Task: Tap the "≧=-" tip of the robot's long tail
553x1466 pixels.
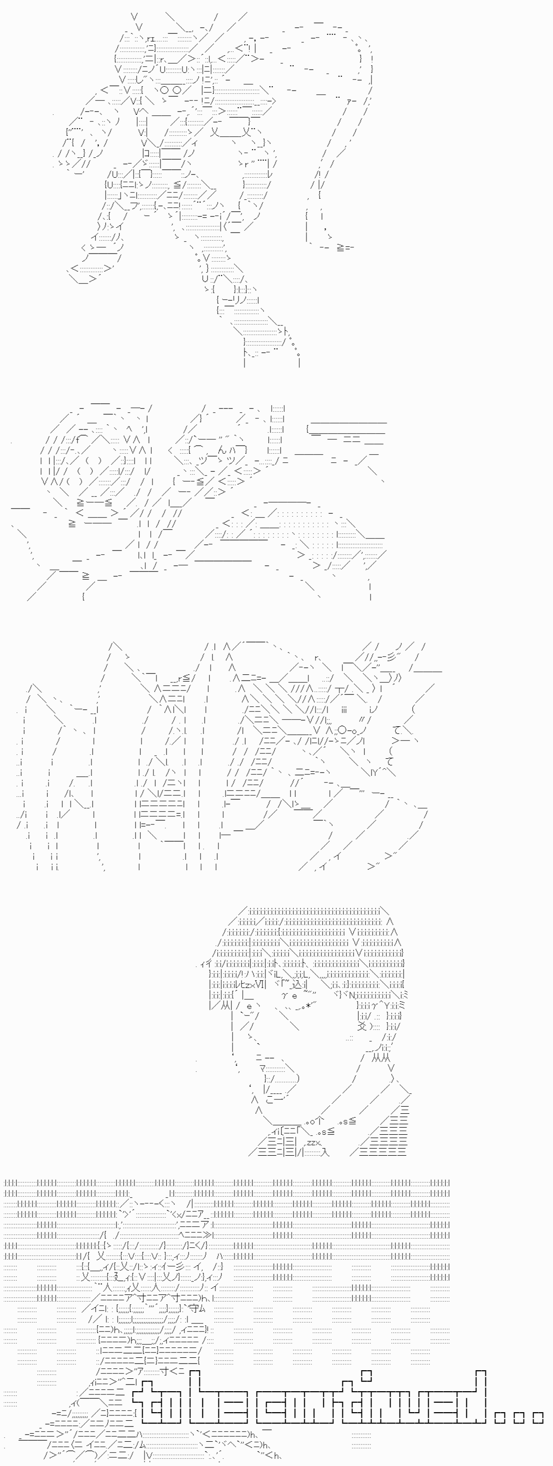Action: [x=345, y=247]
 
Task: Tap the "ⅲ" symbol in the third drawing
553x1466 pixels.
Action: [x=344, y=709]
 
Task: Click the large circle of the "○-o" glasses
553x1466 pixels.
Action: [x=341, y=730]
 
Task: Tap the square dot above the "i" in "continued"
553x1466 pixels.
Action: [x=366, y=1375]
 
